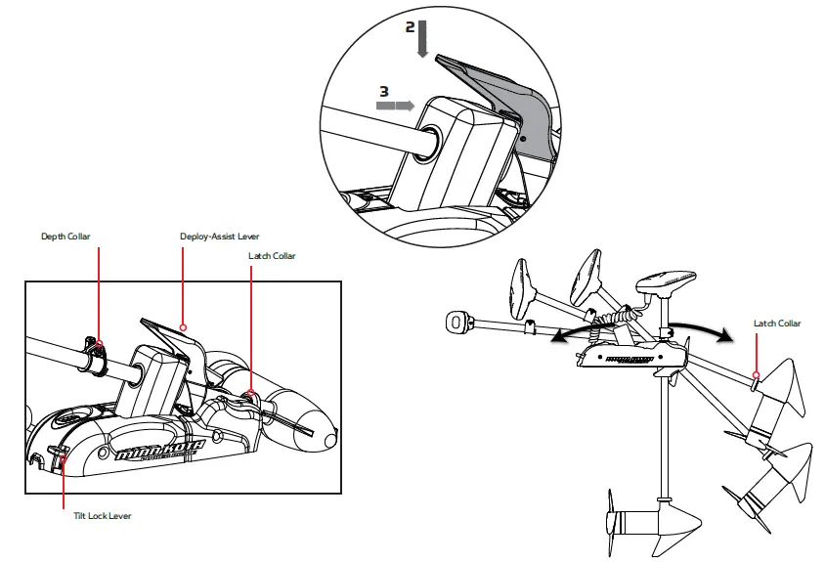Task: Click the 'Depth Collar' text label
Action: pyautogui.click(x=64, y=237)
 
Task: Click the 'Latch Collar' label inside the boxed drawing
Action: pyautogui.click(x=271, y=256)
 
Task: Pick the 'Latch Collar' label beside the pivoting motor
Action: pyautogui.click(x=776, y=323)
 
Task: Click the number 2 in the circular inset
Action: pyautogui.click(x=411, y=27)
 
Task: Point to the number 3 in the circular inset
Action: pyautogui.click(x=384, y=90)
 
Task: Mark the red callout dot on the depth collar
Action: pyautogui.click(x=100, y=344)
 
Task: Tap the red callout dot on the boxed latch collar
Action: pyautogui.click(x=250, y=394)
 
